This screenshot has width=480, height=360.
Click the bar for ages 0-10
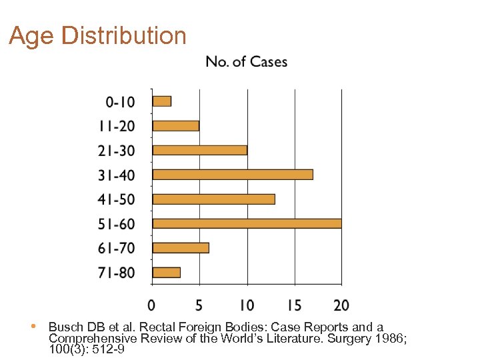point(162,101)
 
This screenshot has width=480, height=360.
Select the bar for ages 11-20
point(176,126)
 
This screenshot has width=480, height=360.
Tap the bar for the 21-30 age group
point(200,150)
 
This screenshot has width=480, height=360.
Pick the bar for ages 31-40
point(233,175)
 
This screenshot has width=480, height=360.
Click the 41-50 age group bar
point(214,199)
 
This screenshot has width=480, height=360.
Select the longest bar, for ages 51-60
point(247,223)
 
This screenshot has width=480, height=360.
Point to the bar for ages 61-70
point(181,248)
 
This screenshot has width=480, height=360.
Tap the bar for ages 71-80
point(167,272)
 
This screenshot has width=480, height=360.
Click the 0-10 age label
point(120,102)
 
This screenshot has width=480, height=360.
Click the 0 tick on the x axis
point(152,305)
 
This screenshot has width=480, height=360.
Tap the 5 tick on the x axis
point(199,305)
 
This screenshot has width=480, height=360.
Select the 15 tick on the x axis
point(293,305)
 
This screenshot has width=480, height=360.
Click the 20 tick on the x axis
point(341,305)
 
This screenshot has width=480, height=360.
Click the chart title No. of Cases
point(247,62)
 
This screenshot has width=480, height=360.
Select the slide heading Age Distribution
point(97,35)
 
